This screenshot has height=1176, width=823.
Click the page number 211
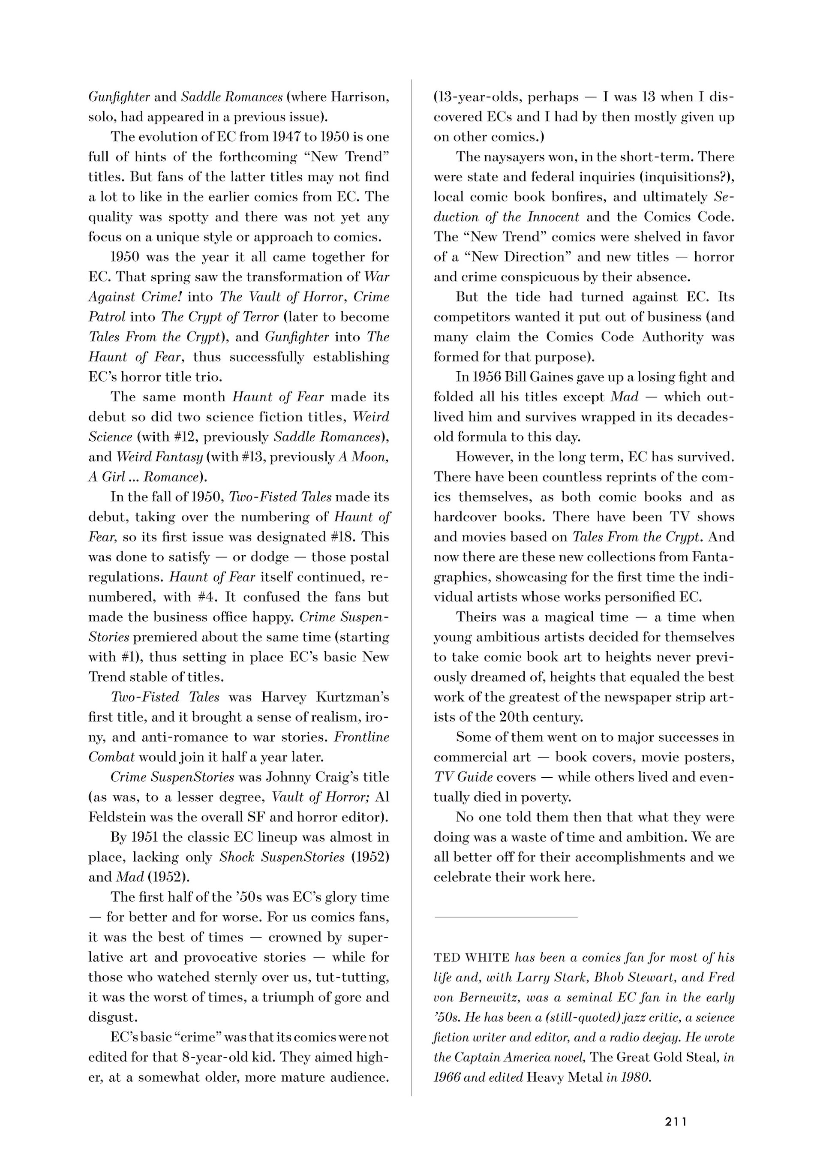tap(676, 1122)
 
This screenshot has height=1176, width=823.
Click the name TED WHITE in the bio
tap(471, 957)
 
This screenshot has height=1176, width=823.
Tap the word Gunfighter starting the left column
tap(119, 97)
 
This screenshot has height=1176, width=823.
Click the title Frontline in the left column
tap(361, 737)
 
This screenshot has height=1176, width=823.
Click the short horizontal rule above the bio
tap(505, 917)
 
